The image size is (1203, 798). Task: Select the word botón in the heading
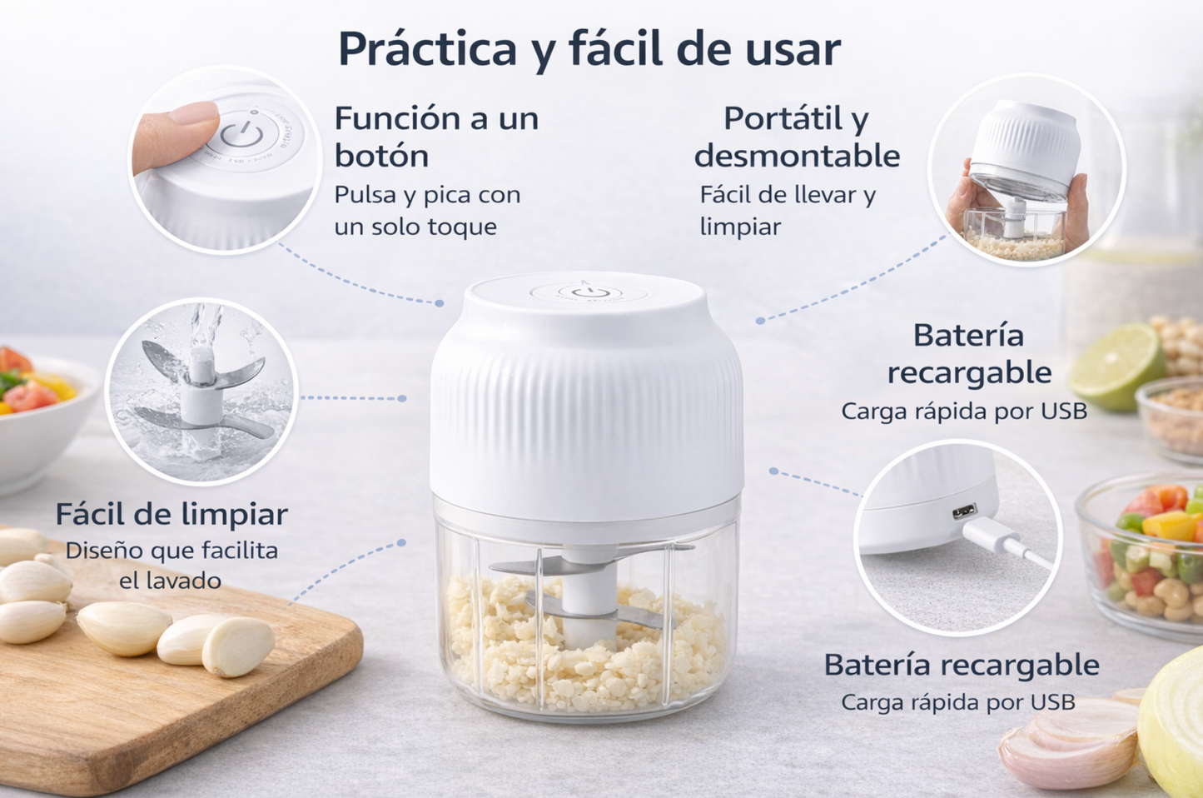coord(381,156)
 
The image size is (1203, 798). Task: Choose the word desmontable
coord(797,156)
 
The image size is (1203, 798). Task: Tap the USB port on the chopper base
coord(964,510)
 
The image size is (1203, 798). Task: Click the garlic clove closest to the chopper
coord(238,646)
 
